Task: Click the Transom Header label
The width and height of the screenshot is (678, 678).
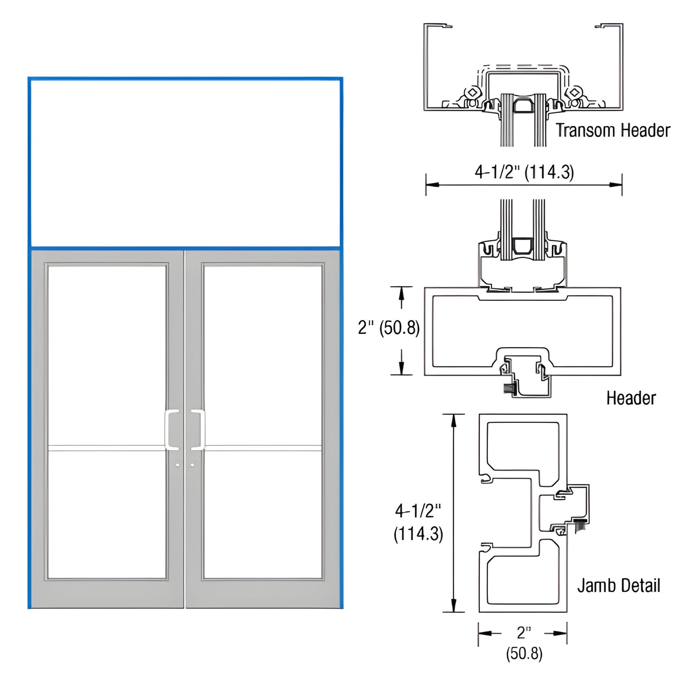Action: (x=613, y=130)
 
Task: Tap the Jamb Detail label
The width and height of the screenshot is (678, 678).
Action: (x=618, y=586)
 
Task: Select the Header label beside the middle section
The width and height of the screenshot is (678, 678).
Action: (x=631, y=398)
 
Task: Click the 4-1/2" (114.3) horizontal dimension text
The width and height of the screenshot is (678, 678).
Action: (x=524, y=172)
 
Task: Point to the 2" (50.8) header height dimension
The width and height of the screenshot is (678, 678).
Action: (x=389, y=328)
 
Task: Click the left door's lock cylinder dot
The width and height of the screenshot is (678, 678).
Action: (x=177, y=465)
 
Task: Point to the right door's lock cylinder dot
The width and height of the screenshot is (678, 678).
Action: (x=192, y=465)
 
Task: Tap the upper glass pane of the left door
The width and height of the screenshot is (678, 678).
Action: (x=107, y=355)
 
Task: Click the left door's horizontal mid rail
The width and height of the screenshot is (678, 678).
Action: (x=107, y=448)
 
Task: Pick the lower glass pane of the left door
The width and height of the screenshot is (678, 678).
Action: (x=107, y=514)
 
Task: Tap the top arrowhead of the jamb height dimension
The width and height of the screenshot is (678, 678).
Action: (x=453, y=420)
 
